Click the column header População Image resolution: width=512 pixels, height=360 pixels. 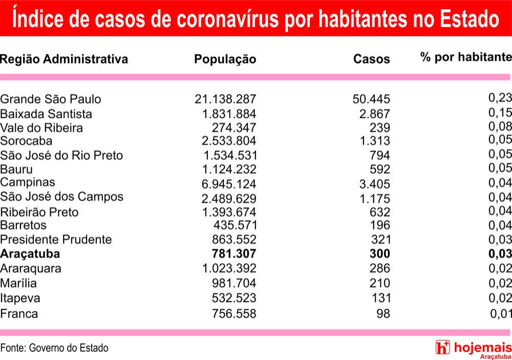(x=225, y=59)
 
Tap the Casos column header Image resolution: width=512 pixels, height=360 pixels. (x=372, y=59)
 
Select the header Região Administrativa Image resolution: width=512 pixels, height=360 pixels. (x=64, y=59)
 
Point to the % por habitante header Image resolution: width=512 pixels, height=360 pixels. (x=466, y=57)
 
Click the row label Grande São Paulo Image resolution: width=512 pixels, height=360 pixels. (x=51, y=99)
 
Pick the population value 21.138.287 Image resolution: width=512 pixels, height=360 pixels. (x=225, y=99)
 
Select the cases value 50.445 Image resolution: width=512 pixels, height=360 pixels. (x=371, y=99)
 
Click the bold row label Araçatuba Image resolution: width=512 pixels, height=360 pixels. (x=30, y=254)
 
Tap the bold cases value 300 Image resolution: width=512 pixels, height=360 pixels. (x=380, y=254)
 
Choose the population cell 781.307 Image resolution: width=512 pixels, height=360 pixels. (x=234, y=254)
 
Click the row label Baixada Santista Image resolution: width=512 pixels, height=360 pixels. (x=46, y=114)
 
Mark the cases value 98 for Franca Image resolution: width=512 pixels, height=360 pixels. (x=383, y=313)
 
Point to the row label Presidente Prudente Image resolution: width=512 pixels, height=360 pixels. (x=56, y=240)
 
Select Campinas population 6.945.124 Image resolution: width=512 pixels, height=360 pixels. (x=229, y=184)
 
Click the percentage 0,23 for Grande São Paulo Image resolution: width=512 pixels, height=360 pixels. (x=500, y=97)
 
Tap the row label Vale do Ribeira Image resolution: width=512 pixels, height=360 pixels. (x=41, y=128)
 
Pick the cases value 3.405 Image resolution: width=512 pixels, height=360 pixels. (x=375, y=184)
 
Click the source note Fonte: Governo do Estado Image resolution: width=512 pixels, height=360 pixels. (x=54, y=348)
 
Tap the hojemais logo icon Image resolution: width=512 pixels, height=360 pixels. (x=442, y=347)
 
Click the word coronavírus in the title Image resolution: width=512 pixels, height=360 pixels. (x=228, y=18)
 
